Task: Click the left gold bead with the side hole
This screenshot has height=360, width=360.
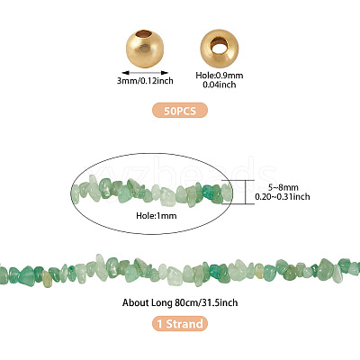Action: point(145,49)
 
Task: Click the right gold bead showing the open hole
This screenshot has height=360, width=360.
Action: point(220,48)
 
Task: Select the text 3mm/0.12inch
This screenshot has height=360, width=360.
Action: point(145,81)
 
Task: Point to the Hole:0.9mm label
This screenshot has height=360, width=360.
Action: point(220,76)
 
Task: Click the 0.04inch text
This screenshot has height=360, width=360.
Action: point(220,85)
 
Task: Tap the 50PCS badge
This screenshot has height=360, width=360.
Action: point(180,110)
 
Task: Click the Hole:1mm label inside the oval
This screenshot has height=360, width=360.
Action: point(157,215)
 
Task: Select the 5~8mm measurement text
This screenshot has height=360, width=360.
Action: point(283,188)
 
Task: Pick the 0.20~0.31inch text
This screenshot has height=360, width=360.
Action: point(283,197)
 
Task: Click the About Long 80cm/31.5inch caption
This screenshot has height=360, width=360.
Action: point(180,302)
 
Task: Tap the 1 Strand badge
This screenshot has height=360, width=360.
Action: point(180,324)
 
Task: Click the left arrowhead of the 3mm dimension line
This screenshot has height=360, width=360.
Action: point(124,73)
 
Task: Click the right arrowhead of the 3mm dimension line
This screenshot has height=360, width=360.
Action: point(166,73)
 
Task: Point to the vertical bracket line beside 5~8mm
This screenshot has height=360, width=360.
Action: point(246,192)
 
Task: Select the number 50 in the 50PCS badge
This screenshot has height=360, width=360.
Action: point(169,111)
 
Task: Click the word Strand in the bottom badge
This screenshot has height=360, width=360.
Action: point(184,324)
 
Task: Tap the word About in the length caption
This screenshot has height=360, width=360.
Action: point(133,302)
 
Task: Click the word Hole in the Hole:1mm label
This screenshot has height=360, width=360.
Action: point(145,215)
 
